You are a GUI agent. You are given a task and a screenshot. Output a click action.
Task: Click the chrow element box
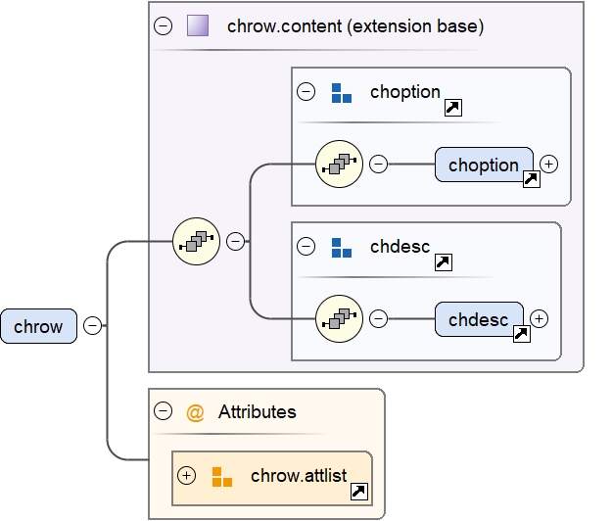point(38,326)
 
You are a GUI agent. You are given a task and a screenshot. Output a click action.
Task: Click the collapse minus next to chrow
point(92,326)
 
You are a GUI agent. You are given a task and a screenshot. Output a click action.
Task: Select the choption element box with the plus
point(484,166)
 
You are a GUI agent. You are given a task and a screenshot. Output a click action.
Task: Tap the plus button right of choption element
point(548,165)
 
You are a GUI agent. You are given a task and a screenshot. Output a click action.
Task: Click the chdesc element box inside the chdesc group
point(478,319)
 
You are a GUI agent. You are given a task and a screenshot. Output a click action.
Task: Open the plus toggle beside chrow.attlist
point(187,476)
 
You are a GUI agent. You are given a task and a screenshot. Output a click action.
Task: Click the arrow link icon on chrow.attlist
point(359,493)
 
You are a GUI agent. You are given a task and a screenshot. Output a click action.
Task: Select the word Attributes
point(257,412)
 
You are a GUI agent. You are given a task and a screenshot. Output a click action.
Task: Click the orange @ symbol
point(195,412)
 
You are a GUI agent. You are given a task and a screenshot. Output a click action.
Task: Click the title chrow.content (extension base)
point(354,26)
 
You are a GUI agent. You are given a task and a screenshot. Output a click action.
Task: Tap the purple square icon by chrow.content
point(198,26)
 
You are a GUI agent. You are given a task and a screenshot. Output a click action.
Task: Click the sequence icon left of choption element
point(339,165)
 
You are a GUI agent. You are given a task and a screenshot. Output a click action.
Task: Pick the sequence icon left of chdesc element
point(339,319)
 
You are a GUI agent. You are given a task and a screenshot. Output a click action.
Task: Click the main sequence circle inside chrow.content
point(196,241)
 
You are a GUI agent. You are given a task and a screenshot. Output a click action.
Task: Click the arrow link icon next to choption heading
point(452,108)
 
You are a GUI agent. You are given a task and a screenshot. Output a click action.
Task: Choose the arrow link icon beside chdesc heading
point(442,262)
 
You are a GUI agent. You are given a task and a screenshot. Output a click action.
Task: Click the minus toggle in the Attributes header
point(163,412)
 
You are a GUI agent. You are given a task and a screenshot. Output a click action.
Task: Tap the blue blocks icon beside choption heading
point(341,93)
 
